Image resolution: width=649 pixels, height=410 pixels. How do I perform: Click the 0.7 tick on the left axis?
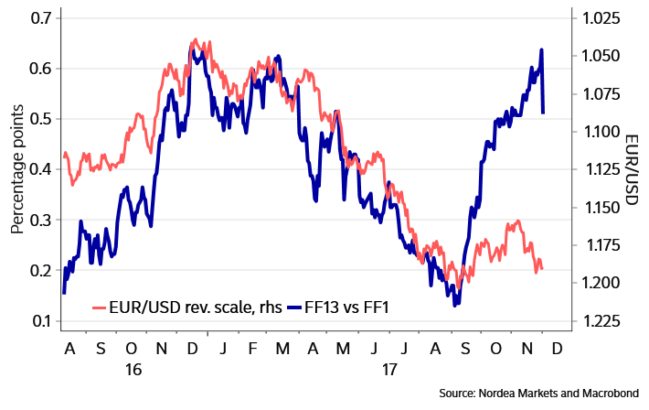40,18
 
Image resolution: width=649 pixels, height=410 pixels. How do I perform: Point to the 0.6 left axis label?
40,69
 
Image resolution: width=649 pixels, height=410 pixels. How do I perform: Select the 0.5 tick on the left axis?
40,119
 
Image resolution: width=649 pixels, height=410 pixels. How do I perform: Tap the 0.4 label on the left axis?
40,169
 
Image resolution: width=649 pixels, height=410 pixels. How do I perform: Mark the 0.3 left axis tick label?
40,221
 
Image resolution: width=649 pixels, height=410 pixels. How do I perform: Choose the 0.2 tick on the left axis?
40,271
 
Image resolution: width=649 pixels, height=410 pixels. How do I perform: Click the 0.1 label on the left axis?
40,321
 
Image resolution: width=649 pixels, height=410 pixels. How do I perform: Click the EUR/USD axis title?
631,169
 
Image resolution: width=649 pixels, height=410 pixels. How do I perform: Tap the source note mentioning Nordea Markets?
538,393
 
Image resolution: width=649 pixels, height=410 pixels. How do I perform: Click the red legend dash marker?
100,307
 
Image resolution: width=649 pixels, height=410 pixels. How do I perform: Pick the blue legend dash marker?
294,307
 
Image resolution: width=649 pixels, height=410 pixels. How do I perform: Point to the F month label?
252,350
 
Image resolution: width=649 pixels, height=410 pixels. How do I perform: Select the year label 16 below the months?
133,370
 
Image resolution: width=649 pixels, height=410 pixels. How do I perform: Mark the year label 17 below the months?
390,370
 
